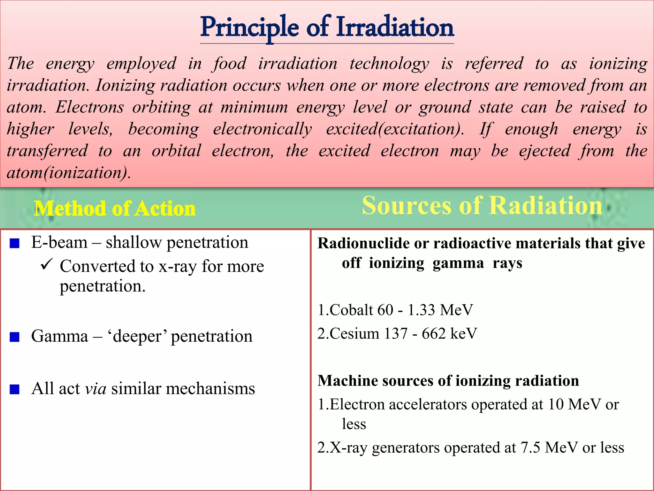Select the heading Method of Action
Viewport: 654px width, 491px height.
(x=115, y=209)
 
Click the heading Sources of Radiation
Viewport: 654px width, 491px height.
(x=482, y=206)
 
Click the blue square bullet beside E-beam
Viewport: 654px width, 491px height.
(x=15, y=244)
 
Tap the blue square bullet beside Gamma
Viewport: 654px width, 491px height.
(x=15, y=337)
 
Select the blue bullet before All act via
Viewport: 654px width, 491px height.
(x=15, y=389)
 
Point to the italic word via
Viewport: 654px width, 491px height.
(x=95, y=389)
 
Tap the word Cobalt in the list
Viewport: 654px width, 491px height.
(x=351, y=310)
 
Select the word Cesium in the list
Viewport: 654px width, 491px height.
(x=354, y=334)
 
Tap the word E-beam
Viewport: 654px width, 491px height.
(x=59, y=243)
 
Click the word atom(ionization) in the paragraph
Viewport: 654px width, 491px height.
(x=69, y=173)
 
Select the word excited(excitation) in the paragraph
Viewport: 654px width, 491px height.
(x=395, y=129)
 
